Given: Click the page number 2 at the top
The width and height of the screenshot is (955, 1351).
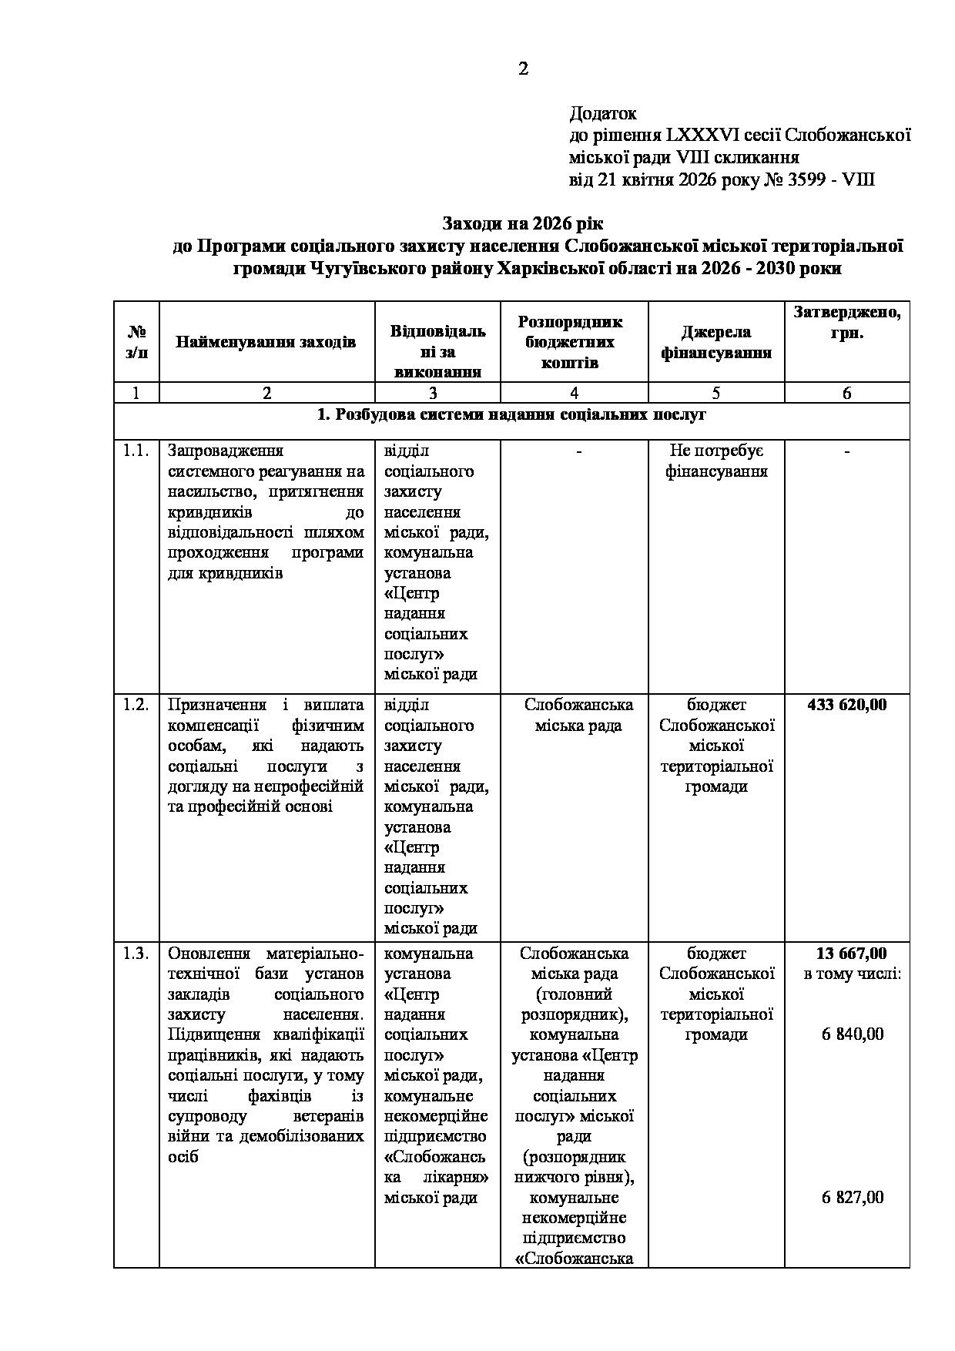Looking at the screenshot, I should pyautogui.click(x=524, y=69).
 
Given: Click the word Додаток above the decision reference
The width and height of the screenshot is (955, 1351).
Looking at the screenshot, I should pyautogui.click(x=603, y=114).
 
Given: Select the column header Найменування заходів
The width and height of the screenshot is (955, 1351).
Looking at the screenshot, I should pyautogui.click(x=266, y=341).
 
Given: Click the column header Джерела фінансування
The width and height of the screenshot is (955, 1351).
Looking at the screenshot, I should pyautogui.click(x=715, y=342).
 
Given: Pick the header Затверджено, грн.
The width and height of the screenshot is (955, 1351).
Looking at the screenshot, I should pyautogui.click(x=846, y=323).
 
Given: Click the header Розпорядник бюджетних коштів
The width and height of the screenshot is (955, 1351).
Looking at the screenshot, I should pyautogui.click(x=574, y=342).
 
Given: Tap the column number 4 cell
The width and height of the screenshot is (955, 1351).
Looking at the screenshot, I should pyautogui.click(x=574, y=393).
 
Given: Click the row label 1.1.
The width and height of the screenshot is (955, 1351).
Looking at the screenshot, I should pyautogui.click(x=136, y=451).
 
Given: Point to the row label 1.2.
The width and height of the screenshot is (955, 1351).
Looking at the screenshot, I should pyautogui.click(x=136, y=705).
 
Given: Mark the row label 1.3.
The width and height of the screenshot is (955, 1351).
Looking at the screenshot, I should pyautogui.click(x=136, y=954).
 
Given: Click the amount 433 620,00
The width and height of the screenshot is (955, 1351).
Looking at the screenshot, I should pyautogui.click(x=846, y=705).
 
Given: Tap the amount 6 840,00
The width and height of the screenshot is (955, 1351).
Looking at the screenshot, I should pyautogui.click(x=853, y=1034).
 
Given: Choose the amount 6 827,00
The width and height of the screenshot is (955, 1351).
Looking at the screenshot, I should pyautogui.click(x=853, y=1197).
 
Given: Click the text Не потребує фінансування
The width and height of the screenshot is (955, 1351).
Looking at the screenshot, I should pyautogui.click(x=715, y=461).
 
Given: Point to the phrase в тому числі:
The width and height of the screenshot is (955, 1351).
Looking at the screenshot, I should pyautogui.click(x=853, y=974).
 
